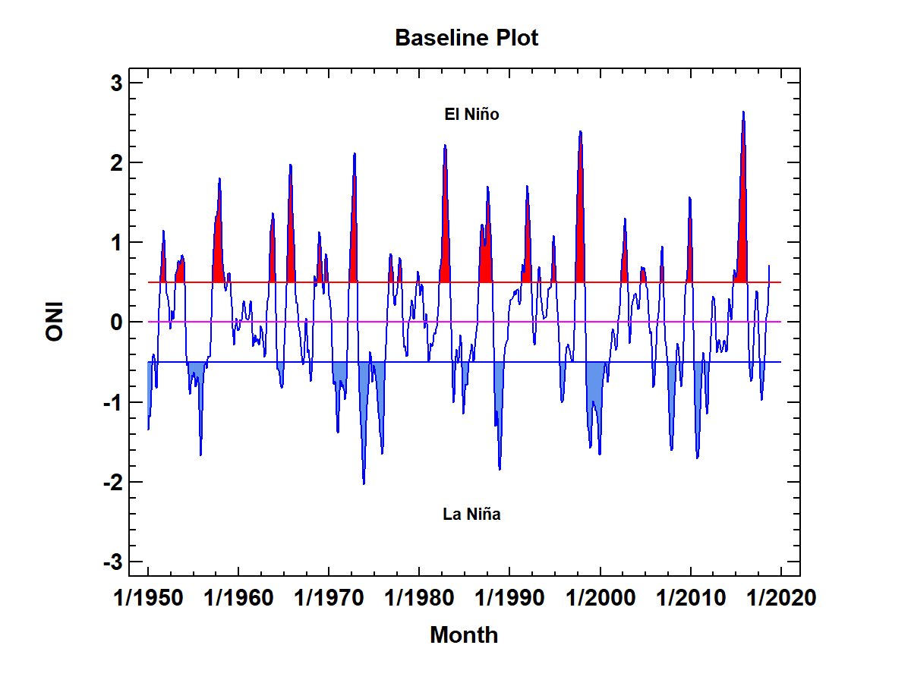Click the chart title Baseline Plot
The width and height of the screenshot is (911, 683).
point(466,38)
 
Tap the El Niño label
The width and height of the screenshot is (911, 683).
point(471,115)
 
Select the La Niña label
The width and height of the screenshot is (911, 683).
point(471,515)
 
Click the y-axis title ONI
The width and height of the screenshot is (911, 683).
point(55,322)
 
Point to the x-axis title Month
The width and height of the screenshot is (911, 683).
point(464,635)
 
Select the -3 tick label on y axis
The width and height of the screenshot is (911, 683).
point(112,562)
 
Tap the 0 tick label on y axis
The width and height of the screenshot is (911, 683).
point(117,322)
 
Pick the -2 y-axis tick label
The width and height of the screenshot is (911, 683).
point(112,482)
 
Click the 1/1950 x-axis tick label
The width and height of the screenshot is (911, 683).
point(148,598)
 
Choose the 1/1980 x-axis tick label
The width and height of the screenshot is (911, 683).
point(420,598)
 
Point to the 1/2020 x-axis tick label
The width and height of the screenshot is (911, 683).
point(781,598)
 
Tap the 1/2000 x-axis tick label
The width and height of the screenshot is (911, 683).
point(601,598)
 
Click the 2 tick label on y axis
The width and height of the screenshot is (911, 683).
point(117,162)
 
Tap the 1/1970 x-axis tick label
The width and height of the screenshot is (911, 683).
point(329,598)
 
